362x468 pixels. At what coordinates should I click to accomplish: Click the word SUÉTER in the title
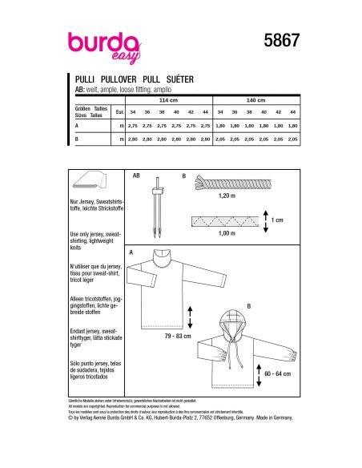click(x=179, y=81)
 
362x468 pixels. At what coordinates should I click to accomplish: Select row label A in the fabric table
click(x=76, y=127)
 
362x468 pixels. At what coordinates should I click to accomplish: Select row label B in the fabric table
click(x=76, y=140)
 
